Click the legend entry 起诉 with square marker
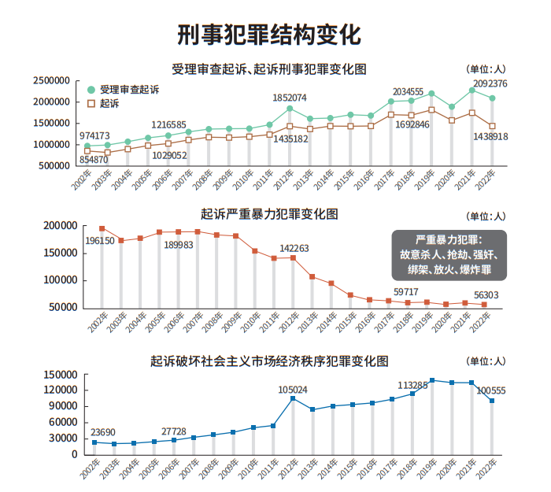[x=109, y=104]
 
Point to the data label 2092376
[x=490, y=83]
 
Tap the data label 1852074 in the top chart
[x=289, y=97]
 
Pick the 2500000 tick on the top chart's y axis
[x=52, y=81]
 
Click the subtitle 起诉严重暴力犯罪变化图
[x=269, y=213]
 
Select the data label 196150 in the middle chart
[x=100, y=241]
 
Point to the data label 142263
[x=294, y=248]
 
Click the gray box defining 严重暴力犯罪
[x=449, y=254]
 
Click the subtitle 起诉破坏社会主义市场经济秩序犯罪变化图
[x=269, y=361]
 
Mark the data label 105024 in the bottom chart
[x=293, y=389]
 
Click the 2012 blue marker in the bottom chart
[x=293, y=398]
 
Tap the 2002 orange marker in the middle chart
[x=102, y=228]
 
